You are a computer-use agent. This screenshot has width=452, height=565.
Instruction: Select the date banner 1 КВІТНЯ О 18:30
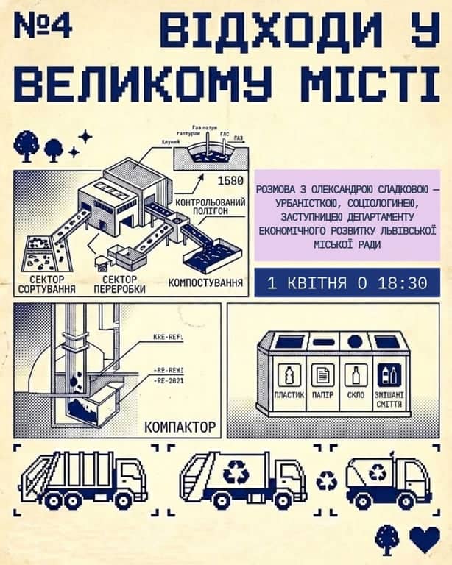(347, 282)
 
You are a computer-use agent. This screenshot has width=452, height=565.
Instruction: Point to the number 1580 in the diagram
(230, 181)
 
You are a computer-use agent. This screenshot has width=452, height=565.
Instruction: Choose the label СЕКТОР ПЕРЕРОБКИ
(120, 285)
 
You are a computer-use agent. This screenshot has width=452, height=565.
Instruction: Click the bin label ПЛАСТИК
(289, 395)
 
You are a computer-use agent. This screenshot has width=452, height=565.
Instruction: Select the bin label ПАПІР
(322, 395)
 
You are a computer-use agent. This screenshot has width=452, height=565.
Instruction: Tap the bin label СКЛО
(356, 395)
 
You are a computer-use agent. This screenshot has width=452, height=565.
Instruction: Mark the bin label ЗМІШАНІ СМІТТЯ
(389, 398)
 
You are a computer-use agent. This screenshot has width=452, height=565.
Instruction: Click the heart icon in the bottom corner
(425, 539)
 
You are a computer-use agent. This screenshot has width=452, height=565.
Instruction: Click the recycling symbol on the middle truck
(236, 473)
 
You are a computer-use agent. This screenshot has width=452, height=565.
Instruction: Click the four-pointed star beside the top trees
(85, 136)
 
